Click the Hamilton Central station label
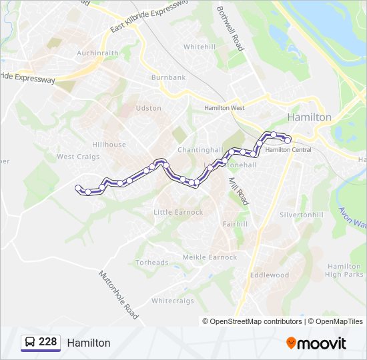point(288,150)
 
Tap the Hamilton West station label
point(225,108)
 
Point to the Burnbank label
point(168,78)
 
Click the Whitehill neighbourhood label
point(199,47)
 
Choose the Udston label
point(148,108)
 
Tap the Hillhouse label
point(109,145)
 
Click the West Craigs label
point(78,157)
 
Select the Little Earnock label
point(178,213)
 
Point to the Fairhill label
point(235,225)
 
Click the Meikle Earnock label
point(210,257)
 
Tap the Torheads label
point(152,263)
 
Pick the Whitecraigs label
point(173,301)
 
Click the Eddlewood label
point(269,275)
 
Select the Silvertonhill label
point(301,215)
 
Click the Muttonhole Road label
point(119,293)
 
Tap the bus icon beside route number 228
point(29,343)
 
